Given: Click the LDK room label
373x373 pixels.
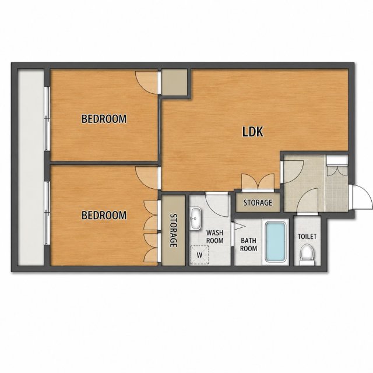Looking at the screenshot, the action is coord(253,132).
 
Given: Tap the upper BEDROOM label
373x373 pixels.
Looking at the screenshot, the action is coord(104,119).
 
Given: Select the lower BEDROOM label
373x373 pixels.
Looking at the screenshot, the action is coord(104,215).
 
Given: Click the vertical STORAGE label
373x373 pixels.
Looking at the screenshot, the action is coord(174,230).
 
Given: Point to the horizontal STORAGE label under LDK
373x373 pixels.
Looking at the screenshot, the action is coord(258,203).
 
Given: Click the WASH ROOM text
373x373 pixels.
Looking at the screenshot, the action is coord(215,237).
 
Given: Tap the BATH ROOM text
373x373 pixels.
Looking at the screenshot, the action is coord(248,245).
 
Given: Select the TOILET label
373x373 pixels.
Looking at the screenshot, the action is coord(307,237).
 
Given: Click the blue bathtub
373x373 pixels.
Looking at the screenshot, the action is coord(276,242).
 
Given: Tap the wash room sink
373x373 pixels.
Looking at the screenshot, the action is coord(196,219).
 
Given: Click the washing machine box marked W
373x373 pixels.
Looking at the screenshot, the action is coord(199,255).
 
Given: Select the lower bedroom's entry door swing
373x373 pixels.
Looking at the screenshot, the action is coord(147,178).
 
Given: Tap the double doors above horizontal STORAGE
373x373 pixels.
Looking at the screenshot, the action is coord(258,182).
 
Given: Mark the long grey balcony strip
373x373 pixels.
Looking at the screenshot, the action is coord(31,167).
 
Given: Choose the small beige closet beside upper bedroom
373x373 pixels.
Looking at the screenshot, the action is coord(174,82).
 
